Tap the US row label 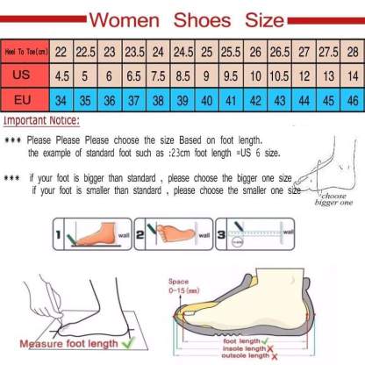(26, 76)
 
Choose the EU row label (26, 100)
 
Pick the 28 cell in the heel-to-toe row (351, 53)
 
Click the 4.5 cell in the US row (62, 76)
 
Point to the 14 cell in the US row (351, 76)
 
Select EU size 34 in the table (62, 100)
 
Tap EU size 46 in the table (351, 100)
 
